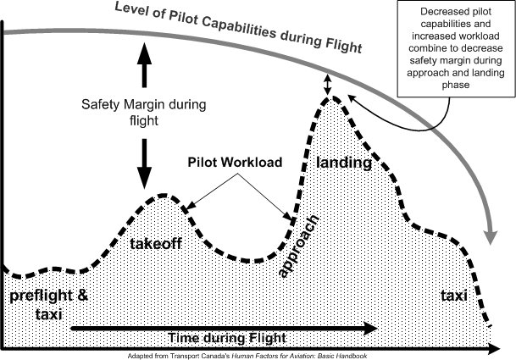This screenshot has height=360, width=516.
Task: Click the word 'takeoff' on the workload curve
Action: pyautogui.click(x=157, y=244)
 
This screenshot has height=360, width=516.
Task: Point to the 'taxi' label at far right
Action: pyautogui.click(x=456, y=296)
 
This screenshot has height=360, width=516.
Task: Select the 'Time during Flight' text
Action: pyautogui.click(x=220, y=337)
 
